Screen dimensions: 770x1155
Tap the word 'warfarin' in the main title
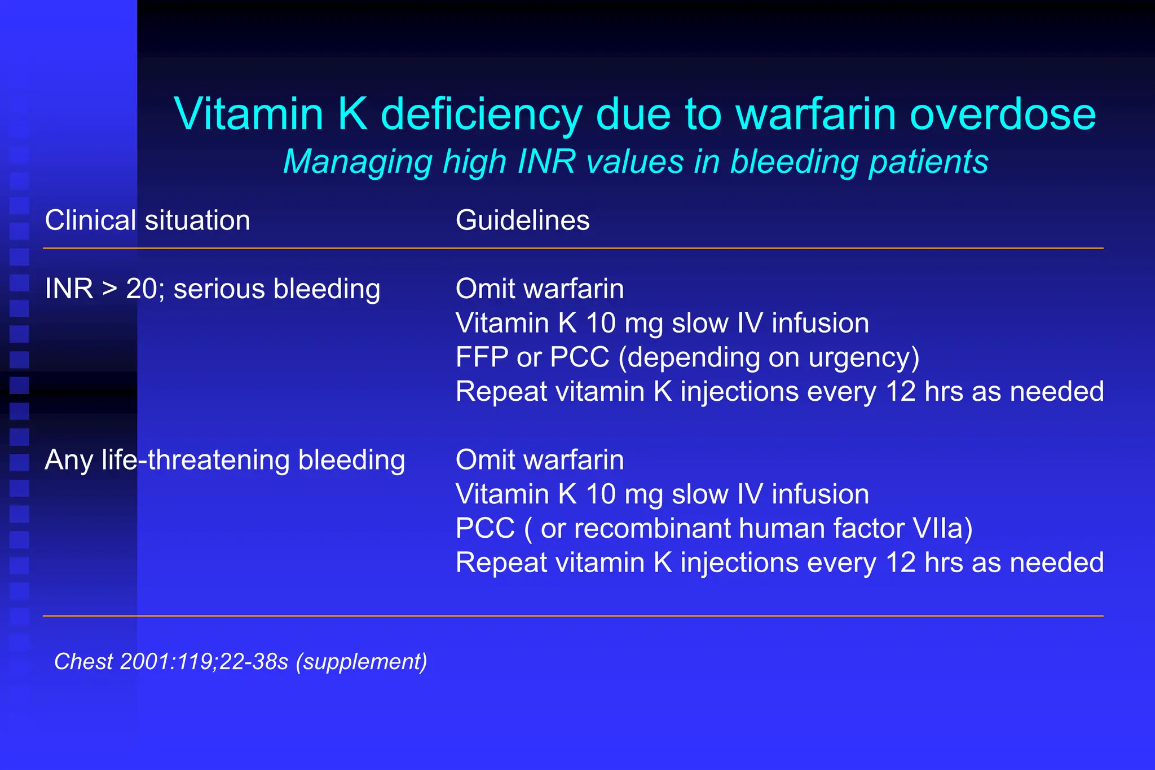point(815,114)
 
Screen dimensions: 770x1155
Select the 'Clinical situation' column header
point(147,220)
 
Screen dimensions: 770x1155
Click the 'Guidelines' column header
point(522,220)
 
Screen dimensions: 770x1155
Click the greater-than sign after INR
point(109,290)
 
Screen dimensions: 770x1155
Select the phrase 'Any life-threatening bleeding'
point(224,460)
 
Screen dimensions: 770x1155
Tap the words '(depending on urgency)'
point(769,358)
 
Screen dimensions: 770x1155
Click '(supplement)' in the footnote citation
point(365,662)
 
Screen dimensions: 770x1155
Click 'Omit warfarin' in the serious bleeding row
point(540,289)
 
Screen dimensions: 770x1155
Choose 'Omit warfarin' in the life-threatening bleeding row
point(540,460)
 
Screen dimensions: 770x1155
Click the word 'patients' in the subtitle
point(928,162)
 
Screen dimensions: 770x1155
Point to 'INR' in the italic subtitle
point(546,162)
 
